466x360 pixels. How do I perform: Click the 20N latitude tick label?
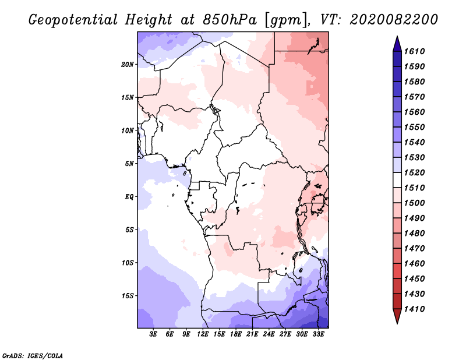(x=128, y=65)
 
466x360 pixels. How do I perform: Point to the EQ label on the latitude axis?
(x=129, y=197)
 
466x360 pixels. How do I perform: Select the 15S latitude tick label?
(x=128, y=296)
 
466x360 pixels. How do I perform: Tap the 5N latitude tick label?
(x=129, y=164)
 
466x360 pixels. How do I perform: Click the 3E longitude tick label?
(x=153, y=334)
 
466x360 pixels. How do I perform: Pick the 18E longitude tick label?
(x=236, y=334)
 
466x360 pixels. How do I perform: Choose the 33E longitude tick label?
(x=318, y=334)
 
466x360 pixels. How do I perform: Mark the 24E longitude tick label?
(x=269, y=334)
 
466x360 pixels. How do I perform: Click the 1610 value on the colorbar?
(x=414, y=51)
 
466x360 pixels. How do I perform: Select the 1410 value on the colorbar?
(x=414, y=309)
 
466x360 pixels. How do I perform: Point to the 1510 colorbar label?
(x=414, y=188)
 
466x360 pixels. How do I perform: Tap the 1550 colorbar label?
(x=414, y=127)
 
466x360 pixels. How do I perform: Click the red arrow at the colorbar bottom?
(x=397, y=315)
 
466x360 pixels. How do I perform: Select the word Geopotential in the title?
(x=73, y=20)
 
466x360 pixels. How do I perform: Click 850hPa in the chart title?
(x=230, y=20)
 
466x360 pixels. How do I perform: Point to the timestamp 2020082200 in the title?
(x=394, y=20)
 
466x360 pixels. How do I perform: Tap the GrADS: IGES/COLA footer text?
(x=33, y=355)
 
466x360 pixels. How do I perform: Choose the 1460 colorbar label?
(x=414, y=263)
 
